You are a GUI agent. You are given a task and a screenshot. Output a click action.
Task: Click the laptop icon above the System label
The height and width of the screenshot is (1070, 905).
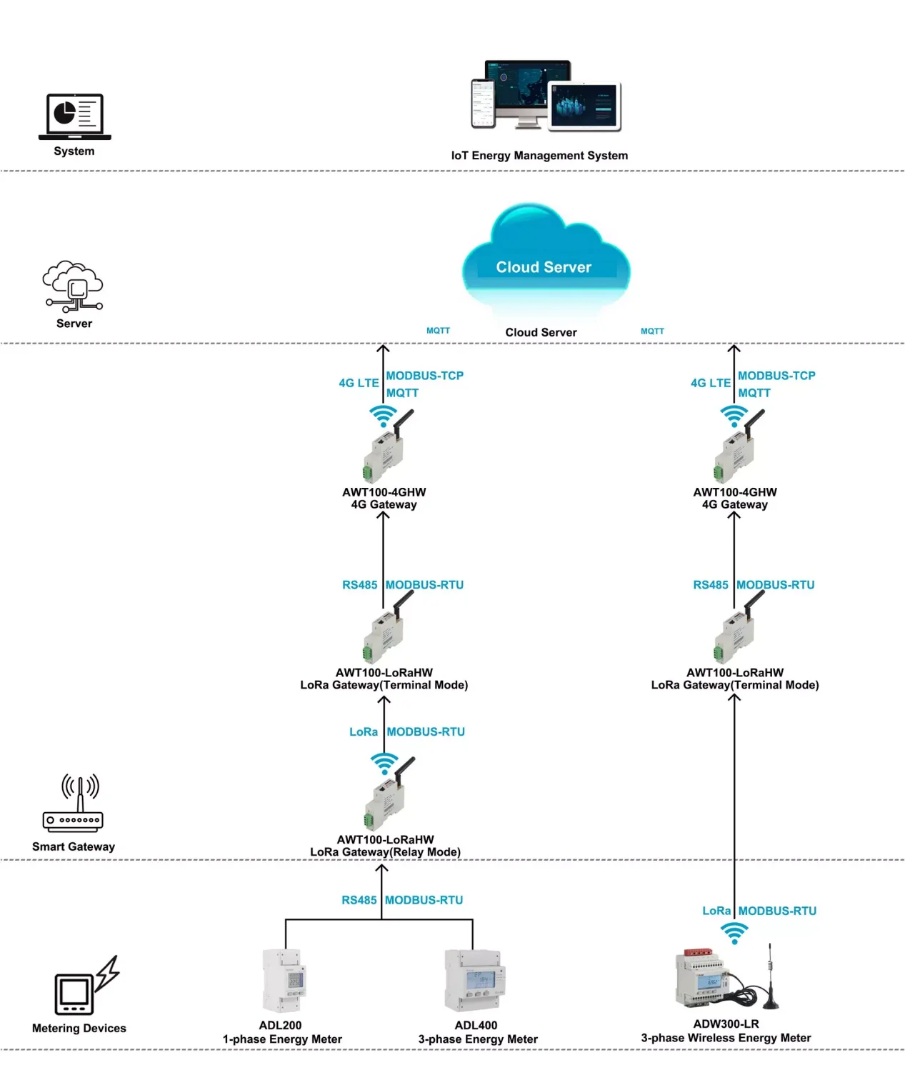[74, 116]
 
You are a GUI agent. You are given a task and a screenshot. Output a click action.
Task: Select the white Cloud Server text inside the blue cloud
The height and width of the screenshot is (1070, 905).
[543, 267]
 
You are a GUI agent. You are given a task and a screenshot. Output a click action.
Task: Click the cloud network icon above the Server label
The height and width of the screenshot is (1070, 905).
[73, 286]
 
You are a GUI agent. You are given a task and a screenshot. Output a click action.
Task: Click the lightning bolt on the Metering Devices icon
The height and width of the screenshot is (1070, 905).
[108, 973]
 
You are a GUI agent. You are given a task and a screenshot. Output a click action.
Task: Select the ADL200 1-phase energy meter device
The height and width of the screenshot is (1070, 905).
[284, 980]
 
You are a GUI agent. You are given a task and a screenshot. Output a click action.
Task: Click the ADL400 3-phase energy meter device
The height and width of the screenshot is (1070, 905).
[474, 980]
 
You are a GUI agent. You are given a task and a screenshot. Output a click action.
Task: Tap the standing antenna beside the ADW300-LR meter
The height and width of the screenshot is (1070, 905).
[771, 976]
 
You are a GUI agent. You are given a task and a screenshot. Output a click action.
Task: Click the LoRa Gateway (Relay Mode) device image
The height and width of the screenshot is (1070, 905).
[389, 794]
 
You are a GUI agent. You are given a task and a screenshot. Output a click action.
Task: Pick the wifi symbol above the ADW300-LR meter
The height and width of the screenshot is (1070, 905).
[734, 933]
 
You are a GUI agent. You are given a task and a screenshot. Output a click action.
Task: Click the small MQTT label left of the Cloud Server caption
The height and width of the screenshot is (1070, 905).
[438, 330]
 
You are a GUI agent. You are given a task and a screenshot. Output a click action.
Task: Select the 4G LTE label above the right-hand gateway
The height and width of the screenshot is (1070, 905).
[710, 383]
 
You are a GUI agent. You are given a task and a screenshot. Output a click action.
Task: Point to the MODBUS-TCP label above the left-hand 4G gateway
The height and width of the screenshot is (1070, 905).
[424, 375]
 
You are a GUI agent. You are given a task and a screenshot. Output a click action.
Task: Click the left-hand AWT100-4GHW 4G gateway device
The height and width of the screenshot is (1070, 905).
[388, 446]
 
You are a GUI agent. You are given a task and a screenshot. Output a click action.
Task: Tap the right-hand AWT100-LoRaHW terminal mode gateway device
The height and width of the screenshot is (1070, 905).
[739, 627]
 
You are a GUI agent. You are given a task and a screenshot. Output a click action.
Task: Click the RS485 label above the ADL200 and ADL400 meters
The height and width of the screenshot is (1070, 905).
[359, 900]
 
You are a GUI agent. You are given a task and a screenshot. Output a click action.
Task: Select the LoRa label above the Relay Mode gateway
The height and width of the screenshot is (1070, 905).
[364, 732]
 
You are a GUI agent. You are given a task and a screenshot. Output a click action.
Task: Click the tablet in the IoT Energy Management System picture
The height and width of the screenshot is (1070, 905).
[584, 106]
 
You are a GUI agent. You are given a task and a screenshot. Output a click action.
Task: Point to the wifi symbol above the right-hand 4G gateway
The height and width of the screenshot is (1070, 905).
[734, 416]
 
